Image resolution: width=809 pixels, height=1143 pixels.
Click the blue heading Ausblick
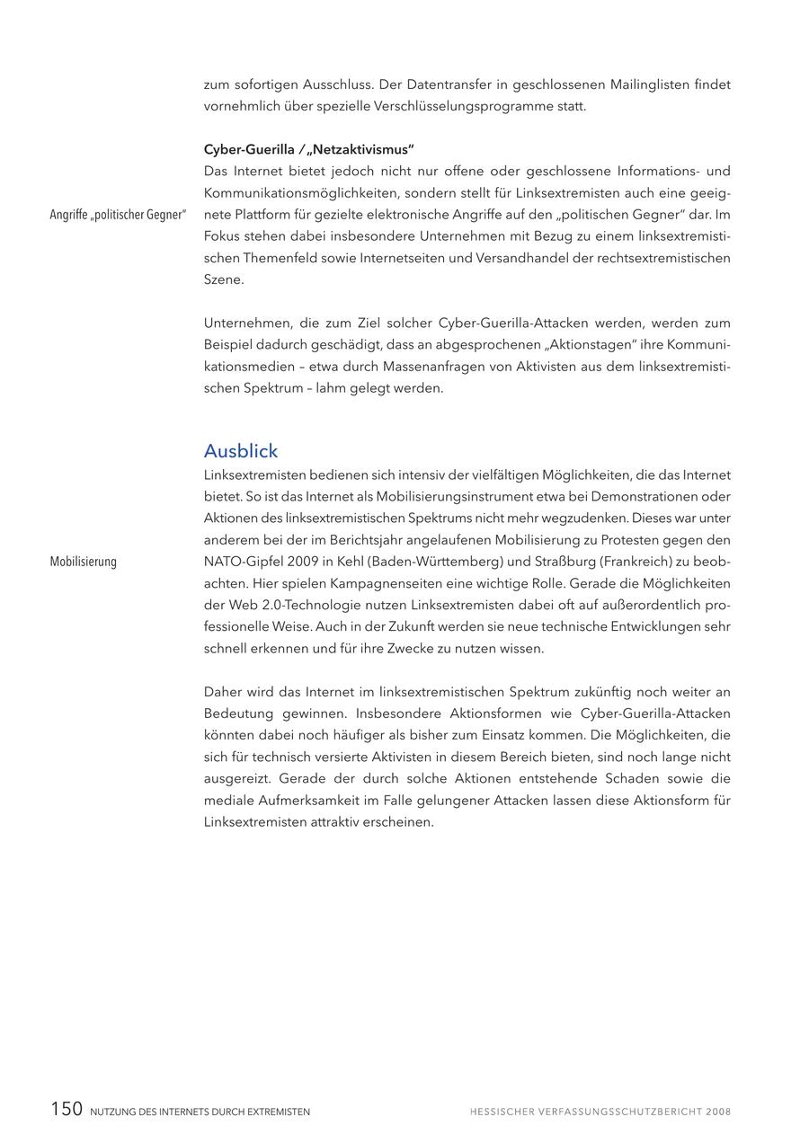click(241, 451)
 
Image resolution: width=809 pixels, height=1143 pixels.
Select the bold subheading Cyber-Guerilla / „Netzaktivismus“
click(308, 149)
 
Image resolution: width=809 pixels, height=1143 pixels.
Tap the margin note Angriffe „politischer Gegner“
click(118, 215)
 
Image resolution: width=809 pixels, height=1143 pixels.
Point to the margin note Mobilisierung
click(84, 562)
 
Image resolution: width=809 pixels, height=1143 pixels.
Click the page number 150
click(67, 1110)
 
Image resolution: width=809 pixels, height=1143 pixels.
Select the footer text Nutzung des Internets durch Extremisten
click(200, 1112)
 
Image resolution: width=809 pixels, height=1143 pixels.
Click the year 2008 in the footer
click(718, 1112)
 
